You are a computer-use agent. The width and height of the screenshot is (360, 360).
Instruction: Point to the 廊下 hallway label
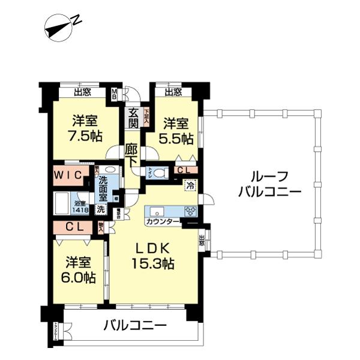pos(133,155)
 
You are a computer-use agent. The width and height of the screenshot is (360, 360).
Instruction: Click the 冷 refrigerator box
pos(191,185)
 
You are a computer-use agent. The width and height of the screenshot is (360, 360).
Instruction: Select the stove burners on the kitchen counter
pos(190,211)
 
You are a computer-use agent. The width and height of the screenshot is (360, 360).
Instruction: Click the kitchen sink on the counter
pos(157,211)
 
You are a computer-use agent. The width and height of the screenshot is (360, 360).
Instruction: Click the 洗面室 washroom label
pos(104,187)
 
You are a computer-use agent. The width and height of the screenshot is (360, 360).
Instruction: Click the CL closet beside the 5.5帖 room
pos(186,171)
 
